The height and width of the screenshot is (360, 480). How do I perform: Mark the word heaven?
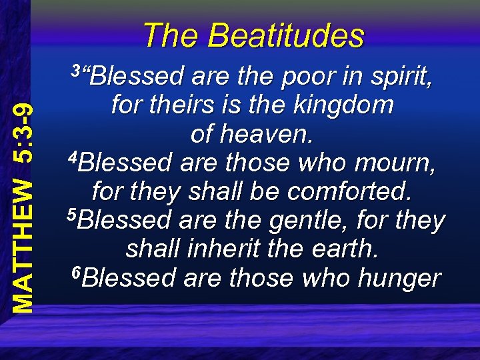pos(265,135)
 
